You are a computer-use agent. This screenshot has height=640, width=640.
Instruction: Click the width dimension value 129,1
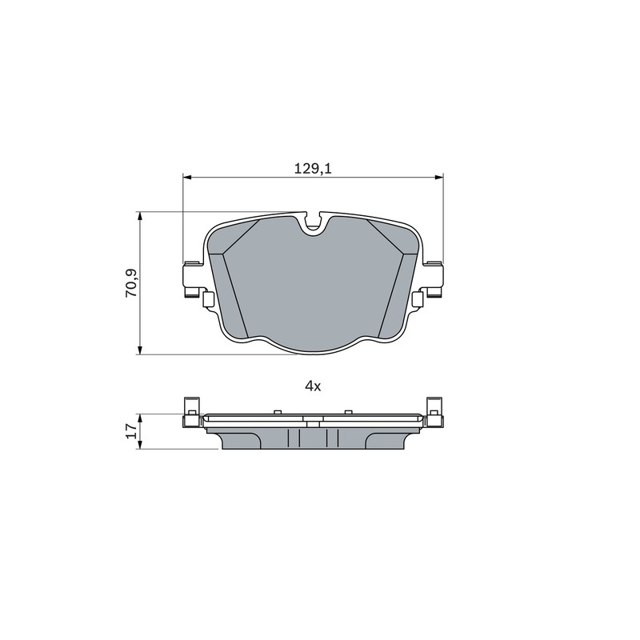click(x=313, y=168)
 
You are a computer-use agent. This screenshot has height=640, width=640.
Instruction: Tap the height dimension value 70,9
click(x=131, y=283)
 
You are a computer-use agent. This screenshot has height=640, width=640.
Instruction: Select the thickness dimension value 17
click(x=131, y=430)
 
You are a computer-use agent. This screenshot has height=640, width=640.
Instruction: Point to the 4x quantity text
click(x=313, y=386)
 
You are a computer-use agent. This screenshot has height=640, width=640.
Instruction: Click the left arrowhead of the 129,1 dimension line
click(x=187, y=177)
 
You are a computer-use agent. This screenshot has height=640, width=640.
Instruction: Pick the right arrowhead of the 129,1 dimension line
click(x=438, y=177)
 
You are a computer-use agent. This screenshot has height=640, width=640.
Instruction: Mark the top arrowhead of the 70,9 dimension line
click(x=140, y=216)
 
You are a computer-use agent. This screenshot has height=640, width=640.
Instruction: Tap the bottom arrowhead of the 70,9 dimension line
click(x=140, y=350)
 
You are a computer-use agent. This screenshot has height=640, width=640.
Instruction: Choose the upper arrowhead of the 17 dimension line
click(x=140, y=418)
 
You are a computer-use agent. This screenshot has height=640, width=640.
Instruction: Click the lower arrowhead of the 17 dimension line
click(x=140, y=446)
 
